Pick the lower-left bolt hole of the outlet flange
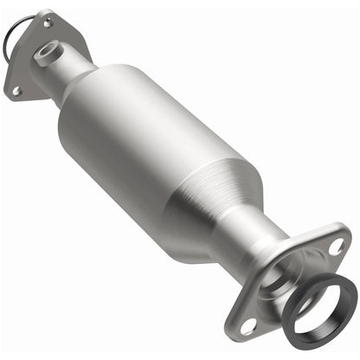point(250,326)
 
